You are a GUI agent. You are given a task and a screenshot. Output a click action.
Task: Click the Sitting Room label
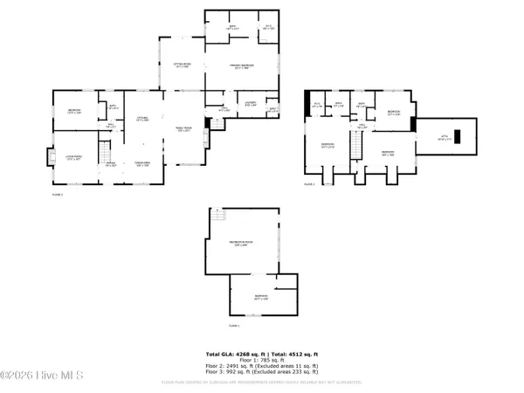point(182,65)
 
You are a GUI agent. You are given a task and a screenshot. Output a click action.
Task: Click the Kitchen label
point(140,120)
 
